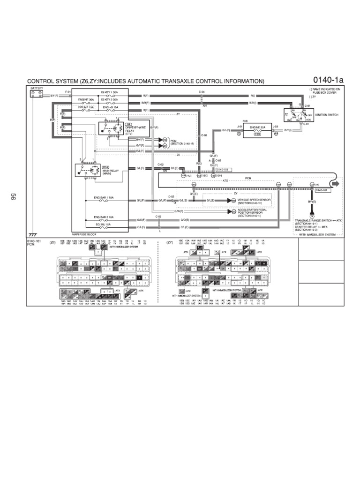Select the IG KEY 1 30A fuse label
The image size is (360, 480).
coord(109,92)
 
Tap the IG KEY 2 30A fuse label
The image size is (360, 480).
coord(109,99)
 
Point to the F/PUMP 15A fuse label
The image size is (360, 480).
coord(86,107)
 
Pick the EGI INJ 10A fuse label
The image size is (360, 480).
coord(102,225)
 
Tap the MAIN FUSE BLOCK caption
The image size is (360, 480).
coord(84,234)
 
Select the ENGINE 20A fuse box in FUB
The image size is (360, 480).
coord(257,130)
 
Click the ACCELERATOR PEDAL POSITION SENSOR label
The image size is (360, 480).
coord(253,213)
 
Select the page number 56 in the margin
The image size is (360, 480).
coord(13,197)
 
